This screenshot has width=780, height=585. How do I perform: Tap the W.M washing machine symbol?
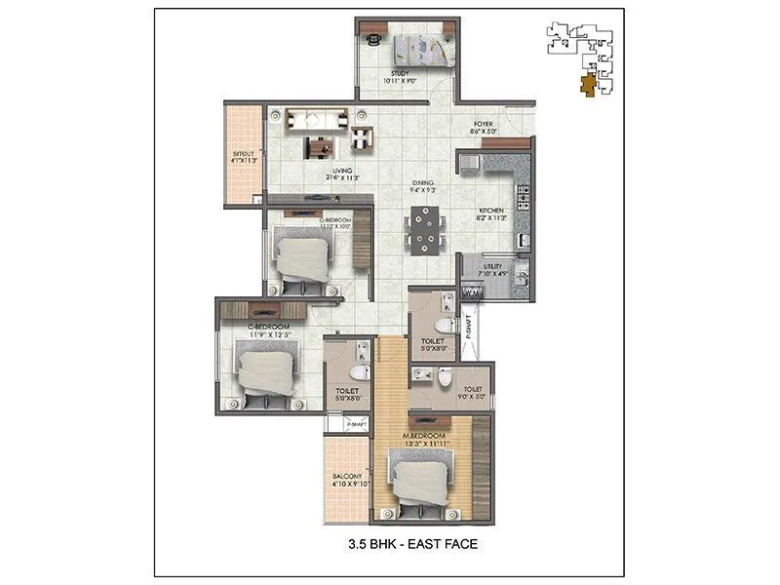point(471,292)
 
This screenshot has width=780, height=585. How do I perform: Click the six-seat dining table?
point(423,231)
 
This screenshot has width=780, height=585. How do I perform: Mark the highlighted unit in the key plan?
point(586,86)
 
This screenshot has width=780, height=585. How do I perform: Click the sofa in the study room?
point(420,47)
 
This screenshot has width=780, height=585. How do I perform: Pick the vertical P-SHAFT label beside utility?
point(468,325)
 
